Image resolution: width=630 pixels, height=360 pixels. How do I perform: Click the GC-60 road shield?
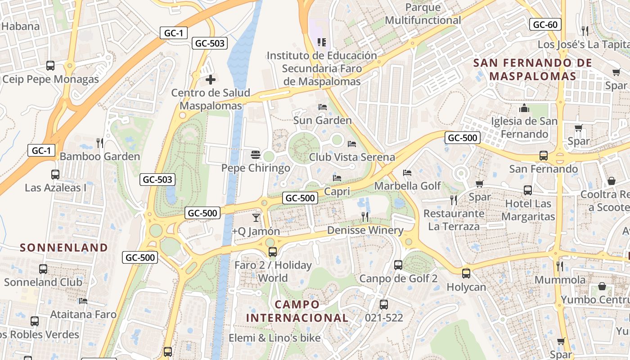click(x=545, y=24)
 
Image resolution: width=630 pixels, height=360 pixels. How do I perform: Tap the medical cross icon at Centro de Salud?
click(x=210, y=80)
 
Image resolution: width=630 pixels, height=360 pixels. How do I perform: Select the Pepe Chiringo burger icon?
click(x=256, y=155)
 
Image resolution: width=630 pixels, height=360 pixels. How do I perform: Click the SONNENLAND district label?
click(x=64, y=247)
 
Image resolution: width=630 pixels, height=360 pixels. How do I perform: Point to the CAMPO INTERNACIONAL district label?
click(x=297, y=311)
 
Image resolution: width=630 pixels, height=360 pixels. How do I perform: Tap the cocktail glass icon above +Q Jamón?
click(x=256, y=218)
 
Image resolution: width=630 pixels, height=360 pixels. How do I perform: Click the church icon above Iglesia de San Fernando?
click(x=524, y=108)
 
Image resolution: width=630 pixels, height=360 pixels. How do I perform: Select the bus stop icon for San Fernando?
click(x=544, y=156)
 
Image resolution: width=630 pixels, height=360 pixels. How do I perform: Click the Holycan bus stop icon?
click(x=466, y=273)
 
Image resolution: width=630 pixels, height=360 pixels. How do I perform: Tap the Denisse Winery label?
click(x=365, y=230)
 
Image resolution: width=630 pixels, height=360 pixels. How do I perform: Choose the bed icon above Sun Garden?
click(x=322, y=107)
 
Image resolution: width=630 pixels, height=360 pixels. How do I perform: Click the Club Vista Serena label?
click(x=352, y=157)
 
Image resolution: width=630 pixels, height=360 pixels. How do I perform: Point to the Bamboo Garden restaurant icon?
click(x=100, y=143)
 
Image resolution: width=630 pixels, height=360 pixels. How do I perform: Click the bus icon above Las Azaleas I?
click(x=55, y=174)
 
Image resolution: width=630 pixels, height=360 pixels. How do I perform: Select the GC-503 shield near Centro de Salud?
click(x=209, y=43)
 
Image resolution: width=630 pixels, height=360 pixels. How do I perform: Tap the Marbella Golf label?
click(x=408, y=185)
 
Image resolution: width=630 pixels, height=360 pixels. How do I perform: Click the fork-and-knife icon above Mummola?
click(x=560, y=266)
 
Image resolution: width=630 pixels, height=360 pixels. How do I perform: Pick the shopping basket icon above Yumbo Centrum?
click(x=602, y=286)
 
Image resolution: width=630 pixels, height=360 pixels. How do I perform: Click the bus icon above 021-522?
click(x=383, y=305)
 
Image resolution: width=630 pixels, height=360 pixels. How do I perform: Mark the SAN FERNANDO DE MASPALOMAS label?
click(x=533, y=69)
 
